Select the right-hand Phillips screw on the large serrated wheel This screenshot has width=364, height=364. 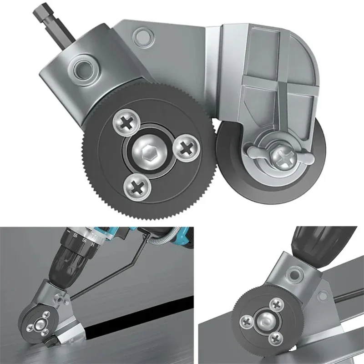[186, 147]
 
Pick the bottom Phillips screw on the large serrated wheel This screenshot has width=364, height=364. [135, 184]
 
